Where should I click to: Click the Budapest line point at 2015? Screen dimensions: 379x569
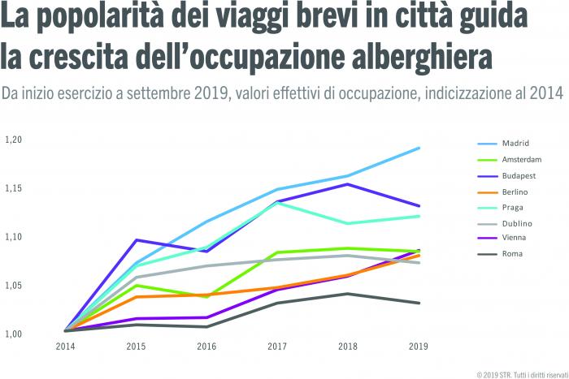click(x=136, y=239)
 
